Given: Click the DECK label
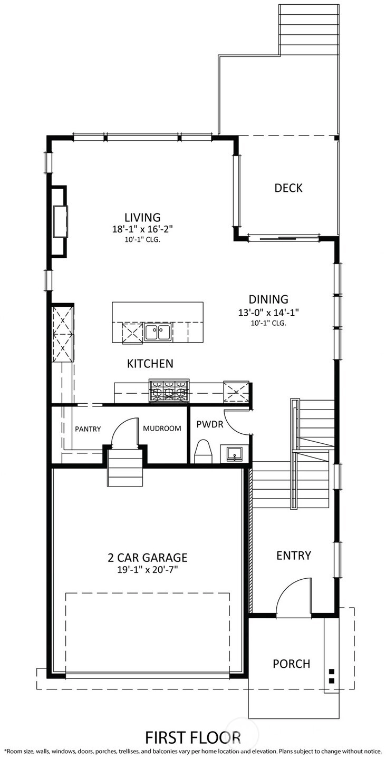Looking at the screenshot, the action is point(288,188).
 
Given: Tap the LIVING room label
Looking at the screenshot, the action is point(142,217).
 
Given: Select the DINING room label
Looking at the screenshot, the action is point(268,299).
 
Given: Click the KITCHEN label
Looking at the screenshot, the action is point(150,364).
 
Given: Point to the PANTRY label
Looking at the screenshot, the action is point(88,429).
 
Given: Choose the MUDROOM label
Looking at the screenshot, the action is point(162,429).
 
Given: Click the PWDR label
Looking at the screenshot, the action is point(210,424).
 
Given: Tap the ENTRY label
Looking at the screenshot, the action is point(294,556).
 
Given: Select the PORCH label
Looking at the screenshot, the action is point(292,664).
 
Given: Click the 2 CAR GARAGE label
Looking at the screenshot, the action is point(148,558).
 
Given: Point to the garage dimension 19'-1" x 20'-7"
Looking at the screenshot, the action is point(148,570).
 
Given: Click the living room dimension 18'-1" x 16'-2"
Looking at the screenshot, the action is point(142,229).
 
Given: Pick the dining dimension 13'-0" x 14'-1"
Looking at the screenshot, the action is point(268,312).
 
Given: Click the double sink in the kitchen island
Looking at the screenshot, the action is point(158,332).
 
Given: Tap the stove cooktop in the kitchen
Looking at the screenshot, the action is point(169,391).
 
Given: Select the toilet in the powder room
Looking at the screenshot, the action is point(204,451).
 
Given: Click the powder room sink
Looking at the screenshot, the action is point(231,454).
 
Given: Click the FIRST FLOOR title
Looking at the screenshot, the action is point(193,737).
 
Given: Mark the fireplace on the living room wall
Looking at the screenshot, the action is point(59,221).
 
